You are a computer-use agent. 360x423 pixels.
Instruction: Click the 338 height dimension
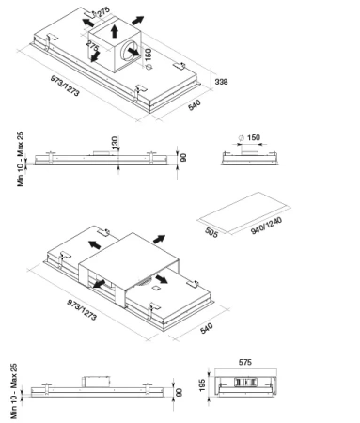[x=221, y=82]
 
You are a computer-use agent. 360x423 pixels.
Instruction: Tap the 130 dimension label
[x=115, y=142]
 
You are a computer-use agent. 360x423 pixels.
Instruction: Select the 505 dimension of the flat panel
[x=211, y=232]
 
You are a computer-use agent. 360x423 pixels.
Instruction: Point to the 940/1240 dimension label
[x=266, y=226]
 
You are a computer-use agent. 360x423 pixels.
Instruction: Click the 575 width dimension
[x=244, y=362]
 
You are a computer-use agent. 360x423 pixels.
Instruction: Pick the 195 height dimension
[x=202, y=385]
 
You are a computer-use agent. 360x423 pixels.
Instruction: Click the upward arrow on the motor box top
[x=115, y=31]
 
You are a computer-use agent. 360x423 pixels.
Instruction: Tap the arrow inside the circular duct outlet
[x=133, y=52]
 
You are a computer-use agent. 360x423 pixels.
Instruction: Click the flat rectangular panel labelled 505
[x=243, y=212]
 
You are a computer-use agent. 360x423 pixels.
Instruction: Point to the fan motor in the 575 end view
[x=246, y=382]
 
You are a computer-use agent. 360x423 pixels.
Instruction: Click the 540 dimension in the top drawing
[x=195, y=105]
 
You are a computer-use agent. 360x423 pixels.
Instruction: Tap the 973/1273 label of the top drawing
[x=65, y=86]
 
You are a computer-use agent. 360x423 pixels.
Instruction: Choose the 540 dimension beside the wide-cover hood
[x=206, y=328]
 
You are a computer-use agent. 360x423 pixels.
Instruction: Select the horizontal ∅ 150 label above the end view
[x=249, y=137]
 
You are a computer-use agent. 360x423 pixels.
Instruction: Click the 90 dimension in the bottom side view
[x=179, y=392]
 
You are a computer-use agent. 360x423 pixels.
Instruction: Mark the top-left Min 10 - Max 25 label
[x=21, y=159]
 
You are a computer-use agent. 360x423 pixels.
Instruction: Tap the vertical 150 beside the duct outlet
[x=148, y=55]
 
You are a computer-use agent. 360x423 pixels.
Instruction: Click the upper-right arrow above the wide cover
[x=160, y=240]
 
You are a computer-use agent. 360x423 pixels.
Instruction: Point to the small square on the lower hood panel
[x=156, y=288]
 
